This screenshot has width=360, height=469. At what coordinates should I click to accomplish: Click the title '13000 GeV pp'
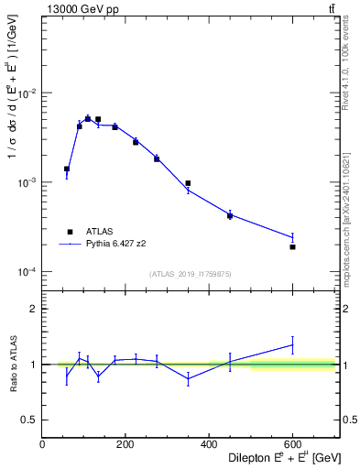pos(77,9)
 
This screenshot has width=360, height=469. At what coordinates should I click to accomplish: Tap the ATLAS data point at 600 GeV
pos(292,247)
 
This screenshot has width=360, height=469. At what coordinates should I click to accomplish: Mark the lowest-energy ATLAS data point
pos(67,169)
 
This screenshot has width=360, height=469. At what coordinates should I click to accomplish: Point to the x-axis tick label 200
pos(125,445)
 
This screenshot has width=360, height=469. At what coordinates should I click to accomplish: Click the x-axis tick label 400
pos(209,445)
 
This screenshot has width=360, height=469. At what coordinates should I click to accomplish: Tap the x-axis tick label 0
pos(43,445)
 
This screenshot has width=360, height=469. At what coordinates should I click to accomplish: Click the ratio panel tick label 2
pos(34,310)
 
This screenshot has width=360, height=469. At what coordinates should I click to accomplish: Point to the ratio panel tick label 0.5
pos(30,420)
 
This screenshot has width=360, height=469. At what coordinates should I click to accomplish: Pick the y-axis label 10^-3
pos(27,183)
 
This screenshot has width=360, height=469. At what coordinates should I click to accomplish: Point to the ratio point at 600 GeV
pos(292,344)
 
